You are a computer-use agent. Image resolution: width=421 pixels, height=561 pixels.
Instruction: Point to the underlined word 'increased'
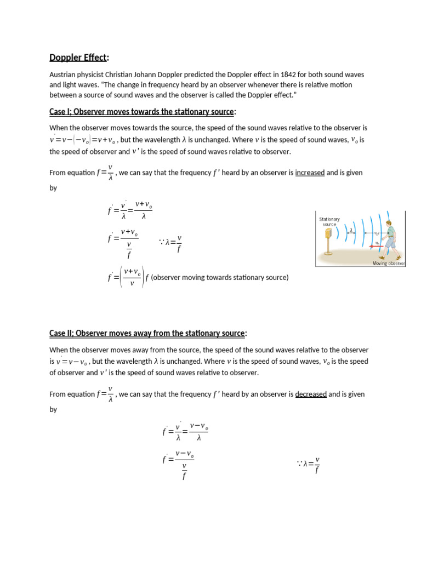coord(310,173)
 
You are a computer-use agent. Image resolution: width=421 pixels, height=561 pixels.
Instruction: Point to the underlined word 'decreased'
coord(311,394)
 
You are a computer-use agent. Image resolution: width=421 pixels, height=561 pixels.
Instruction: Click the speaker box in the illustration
coord(328,234)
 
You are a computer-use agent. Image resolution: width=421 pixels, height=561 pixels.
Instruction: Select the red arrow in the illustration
coord(378,247)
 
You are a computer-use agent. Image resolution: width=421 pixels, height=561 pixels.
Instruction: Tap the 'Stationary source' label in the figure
coord(329,221)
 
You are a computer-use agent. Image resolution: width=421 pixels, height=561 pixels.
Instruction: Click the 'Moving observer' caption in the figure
coord(388,264)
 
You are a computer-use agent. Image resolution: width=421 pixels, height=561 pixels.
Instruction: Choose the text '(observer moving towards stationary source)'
coord(219,277)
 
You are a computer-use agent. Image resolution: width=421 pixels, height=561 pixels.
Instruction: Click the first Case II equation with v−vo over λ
coord(185,431)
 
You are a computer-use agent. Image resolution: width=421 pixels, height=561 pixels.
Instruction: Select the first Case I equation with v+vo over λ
coord(130,210)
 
